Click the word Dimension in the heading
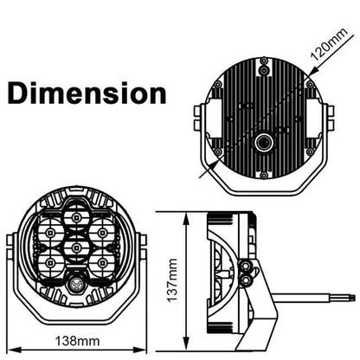[x=87, y=93]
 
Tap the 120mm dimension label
[x=330, y=44]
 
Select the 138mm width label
[x=77, y=341]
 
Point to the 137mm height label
[x=173, y=280]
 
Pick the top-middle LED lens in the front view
[x=76, y=216]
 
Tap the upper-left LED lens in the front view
[x=50, y=232]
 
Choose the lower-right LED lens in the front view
[x=101, y=263]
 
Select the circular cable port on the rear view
[x=263, y=143]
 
